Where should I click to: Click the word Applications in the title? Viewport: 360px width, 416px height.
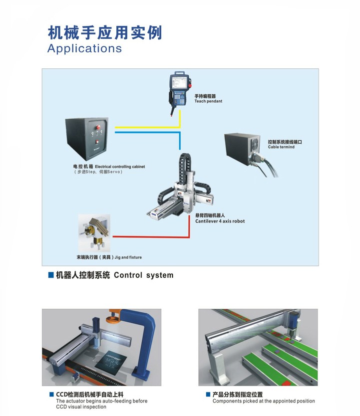(84, 48)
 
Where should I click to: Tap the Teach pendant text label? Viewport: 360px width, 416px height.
(208, 101)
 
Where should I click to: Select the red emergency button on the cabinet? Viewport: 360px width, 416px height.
(98, 127)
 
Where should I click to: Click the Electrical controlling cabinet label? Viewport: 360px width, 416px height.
(120, 167)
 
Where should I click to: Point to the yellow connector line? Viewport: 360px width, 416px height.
(148, 127)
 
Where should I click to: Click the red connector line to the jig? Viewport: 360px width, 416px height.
(151, 236)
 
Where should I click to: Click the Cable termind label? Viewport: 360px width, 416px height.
(281, 147)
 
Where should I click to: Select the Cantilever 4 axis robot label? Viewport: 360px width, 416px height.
(220, 221)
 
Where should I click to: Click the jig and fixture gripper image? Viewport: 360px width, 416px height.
(94, 232)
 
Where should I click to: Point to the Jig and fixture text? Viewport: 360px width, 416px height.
(128, 257)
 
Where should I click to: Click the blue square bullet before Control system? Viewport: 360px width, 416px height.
(51, 275)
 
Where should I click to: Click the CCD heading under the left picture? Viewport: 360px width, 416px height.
(89, 395)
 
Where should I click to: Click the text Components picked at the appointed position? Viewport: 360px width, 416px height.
(264, 401)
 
